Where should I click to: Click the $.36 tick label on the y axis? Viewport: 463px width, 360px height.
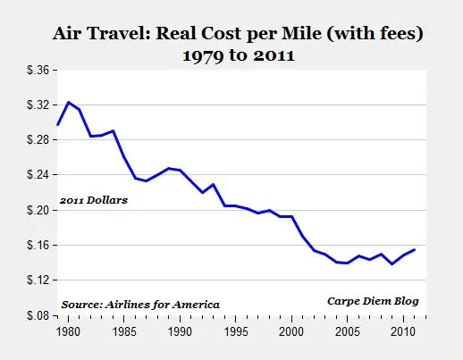(x=38, y=71)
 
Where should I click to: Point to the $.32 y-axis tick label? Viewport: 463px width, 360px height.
(x=38, y=105)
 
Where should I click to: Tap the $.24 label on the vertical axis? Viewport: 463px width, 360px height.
(x=38, y=175)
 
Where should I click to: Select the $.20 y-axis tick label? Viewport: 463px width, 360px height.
(x=38, y=210)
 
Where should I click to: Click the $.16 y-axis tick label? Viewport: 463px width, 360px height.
(x=38, y=245)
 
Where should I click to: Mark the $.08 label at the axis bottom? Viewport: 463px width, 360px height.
(x=38, y=315)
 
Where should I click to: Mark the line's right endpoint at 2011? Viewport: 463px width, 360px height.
(x=415, y=249)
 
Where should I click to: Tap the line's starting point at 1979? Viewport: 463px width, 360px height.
(x=58, y=124)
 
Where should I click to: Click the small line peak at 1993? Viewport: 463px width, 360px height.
(x=214, y=184)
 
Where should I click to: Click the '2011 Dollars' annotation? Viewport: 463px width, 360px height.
(x=94, y=199)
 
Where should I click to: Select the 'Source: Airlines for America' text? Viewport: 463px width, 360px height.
(x=140, y=304)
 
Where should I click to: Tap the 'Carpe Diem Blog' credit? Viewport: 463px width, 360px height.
(x=372, y=301)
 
